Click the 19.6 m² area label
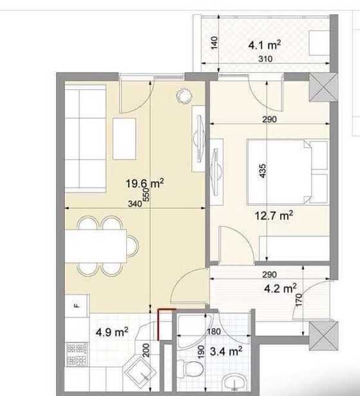click(145, 183)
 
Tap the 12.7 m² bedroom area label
click(274, 216)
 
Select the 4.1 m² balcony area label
click(264, 45)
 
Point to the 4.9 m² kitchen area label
click(112, 332)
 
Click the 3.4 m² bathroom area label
click(226, 352)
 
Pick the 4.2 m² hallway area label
click(280, 288)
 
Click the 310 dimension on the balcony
click(265, 59)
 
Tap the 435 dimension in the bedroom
click(263, 171)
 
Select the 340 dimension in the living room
click(135, 203)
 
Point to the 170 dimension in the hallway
click(299, 300)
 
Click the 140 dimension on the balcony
click(214, 42)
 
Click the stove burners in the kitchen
click(77, 354)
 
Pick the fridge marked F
click(77, 306)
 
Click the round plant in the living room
click(184, 96)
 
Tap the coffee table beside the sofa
click(124, 138)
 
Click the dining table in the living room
click(95, 246)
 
